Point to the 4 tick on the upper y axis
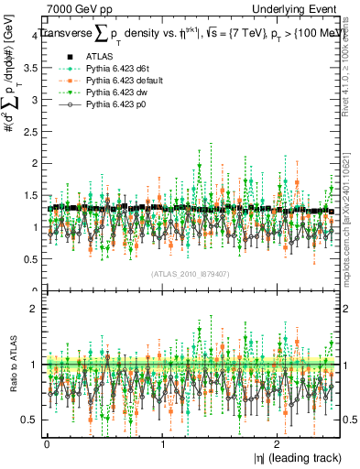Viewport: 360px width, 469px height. tap(34, 35)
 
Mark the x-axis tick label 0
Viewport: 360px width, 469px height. tap(47, 443)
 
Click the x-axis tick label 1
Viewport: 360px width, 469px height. tap(163, 443)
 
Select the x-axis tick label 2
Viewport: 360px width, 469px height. tap(279, 443)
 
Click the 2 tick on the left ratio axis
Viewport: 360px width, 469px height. tap(34, 309)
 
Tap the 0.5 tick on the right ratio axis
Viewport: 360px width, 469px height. tap(351, 420)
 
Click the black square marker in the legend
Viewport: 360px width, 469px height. tap(58, 57)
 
